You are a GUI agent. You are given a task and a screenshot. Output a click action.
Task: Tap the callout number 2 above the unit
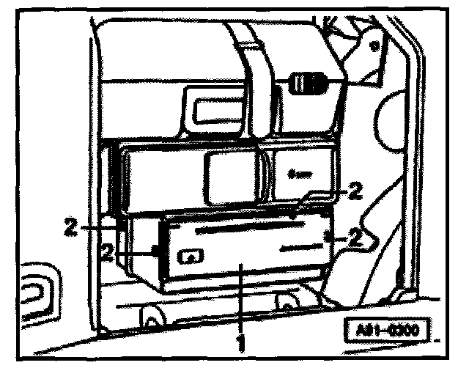click(355, 192)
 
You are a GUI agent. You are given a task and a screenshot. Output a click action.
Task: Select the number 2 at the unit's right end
click(355, 237)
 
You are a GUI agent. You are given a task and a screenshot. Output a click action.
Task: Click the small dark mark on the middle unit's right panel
click(295, 174)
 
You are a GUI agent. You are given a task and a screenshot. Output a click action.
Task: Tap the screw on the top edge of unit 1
click(292, 216)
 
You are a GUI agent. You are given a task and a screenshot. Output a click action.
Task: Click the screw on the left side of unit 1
click(156, 251)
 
